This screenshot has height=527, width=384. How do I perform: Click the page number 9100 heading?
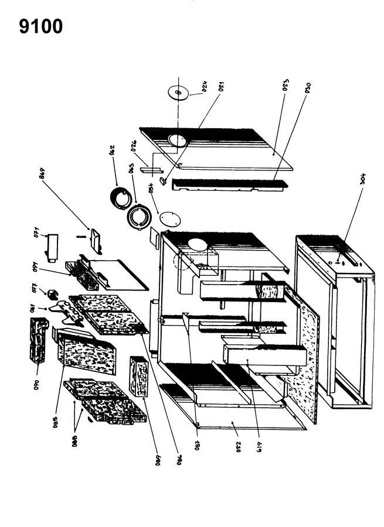click(x=41, y=27)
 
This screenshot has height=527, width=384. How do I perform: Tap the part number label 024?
click(x=205, y=87)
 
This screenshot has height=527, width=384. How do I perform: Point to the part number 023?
click(x=286, y=87)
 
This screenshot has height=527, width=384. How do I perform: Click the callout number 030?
click(x=307, y=88)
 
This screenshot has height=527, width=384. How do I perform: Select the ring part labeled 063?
click(x=140, y=218)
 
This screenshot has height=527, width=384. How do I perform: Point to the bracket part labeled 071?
click(x=53, y=247)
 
